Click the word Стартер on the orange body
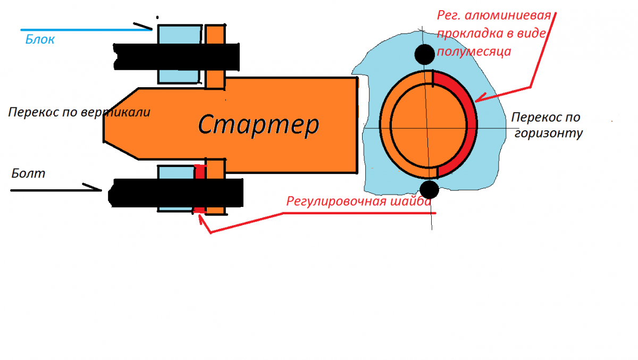pos(258,124)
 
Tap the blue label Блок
pos(40,39)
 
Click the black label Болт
pos(28,173)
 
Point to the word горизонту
pos(549,133)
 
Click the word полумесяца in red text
pos(474,52)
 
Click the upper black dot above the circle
pos(424,54)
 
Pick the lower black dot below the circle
pos(429,189)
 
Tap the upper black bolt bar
pos(177,57)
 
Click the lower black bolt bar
pos(176,193)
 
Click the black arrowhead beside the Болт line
pos(94,187)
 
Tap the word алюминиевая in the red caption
pos(508,15)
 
